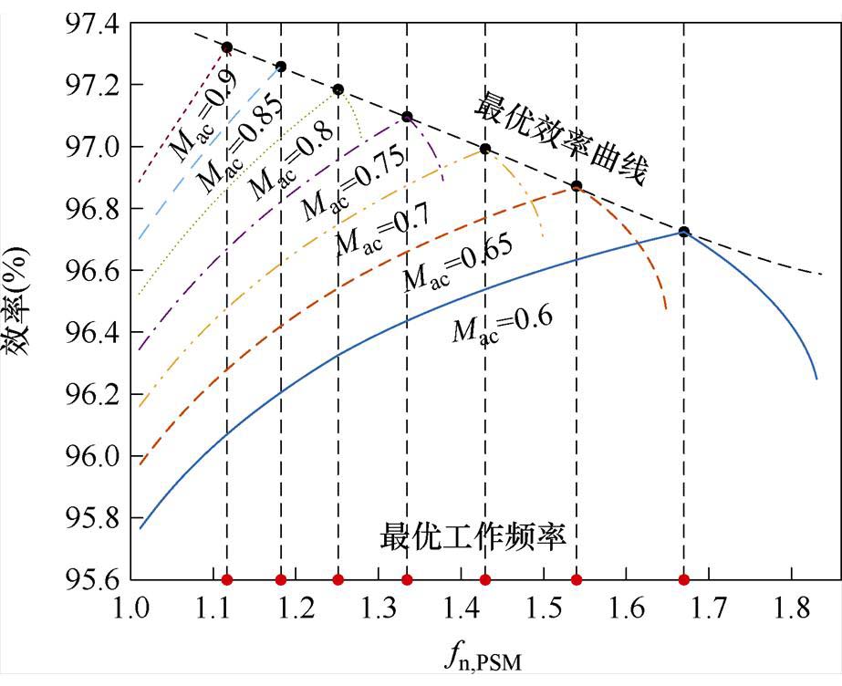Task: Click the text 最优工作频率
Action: click(x=473, y=535)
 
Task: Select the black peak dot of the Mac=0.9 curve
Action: click(x=227, y=47)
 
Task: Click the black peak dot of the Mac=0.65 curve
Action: click(x=577, y=186)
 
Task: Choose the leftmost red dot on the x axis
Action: click(x=227, y=579)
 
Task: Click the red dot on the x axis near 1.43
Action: click(x=485, y=579)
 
